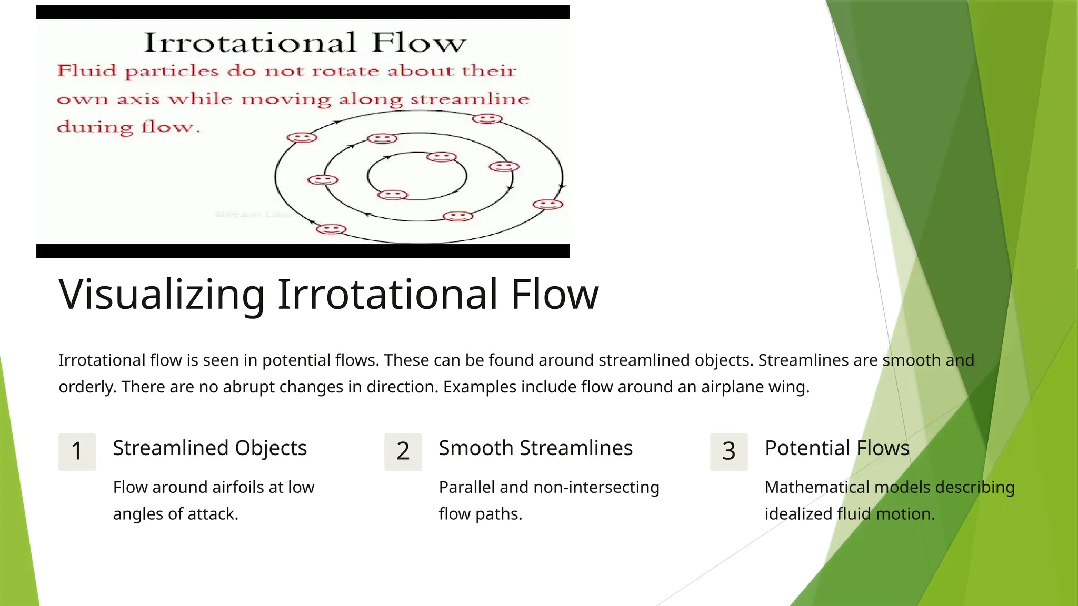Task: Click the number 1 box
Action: coord(77,451)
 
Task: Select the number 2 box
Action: coord(403,451)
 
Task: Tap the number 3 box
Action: coord(728,451)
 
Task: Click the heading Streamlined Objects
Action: coord(209,448)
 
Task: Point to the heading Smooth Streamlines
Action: coord(535,448)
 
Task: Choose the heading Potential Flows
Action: coord(837,448)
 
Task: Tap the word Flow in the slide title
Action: coord(554,294)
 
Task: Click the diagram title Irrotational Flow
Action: coord(305,43)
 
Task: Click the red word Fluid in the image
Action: coord(86,70)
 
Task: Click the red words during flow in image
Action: coord(128,127)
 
